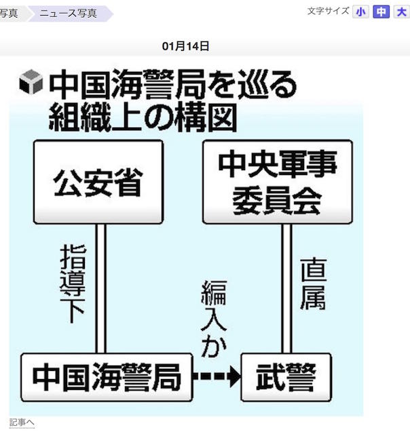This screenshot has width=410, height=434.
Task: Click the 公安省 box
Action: pos(99,182)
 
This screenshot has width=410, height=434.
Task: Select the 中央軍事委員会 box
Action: pos(277,182)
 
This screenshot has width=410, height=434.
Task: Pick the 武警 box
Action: pos(286,376)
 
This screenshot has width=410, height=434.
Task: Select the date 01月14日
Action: pos(185,46)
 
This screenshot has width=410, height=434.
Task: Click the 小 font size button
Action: pos(361,12)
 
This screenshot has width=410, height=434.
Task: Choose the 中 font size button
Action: pos(381,12)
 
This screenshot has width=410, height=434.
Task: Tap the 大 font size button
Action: pos(400,12)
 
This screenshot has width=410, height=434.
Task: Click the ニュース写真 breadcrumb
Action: pos(68,13)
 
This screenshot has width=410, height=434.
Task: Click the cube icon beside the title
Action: pos(31,83)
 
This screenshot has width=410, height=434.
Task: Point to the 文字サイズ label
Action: pos(328,11)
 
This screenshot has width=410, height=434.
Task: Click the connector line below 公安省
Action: pos(100,288)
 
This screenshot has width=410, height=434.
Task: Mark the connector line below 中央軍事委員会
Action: pos(286,288)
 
